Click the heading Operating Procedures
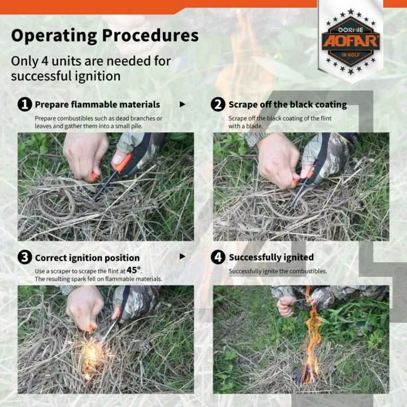point(105,36)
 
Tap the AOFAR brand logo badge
point(350,41)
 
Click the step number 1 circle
point(24,104)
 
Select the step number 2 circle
point(218,104)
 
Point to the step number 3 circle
point(24,257)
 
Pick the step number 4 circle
point(218,257)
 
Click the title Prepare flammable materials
point(97,105)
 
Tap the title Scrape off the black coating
point(287,105)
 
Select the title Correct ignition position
point(87,258)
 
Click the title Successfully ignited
point(271,257)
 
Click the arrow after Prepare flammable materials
point(182,105)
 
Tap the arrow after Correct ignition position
point(182,257)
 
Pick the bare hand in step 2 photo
point(277,158)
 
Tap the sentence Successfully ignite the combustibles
point(278,271)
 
